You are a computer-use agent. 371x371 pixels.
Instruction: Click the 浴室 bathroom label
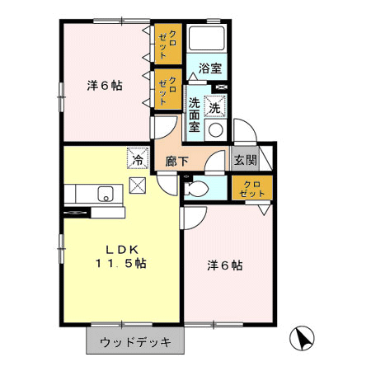coord(210,68)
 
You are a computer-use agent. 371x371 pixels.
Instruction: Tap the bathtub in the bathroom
coord(207,38)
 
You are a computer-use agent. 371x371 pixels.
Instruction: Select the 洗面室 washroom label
coord(194,115)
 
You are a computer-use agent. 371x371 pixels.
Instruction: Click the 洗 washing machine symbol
coord(215,106)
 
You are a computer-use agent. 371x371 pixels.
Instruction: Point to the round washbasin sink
coord(216,129)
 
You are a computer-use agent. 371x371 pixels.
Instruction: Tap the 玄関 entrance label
coord(246,160)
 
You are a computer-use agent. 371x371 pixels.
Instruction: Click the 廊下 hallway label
coord(176,162)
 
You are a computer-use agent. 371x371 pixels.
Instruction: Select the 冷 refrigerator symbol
coord(138,158)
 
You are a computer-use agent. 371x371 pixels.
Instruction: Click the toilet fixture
coord(195,189)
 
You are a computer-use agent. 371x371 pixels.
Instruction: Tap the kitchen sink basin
coord(106,194)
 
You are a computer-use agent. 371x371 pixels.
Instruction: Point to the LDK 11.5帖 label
coord(121,256)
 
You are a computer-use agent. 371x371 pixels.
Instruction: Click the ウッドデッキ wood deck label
coord(135,342)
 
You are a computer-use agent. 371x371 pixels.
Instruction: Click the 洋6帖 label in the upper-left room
coord(105,86)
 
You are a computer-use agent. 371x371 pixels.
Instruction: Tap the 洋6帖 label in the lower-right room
coord(225,265)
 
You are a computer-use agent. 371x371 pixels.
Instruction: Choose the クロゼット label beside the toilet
coord(252,189)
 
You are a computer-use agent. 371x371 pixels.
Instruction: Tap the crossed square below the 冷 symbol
coord(138,185)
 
